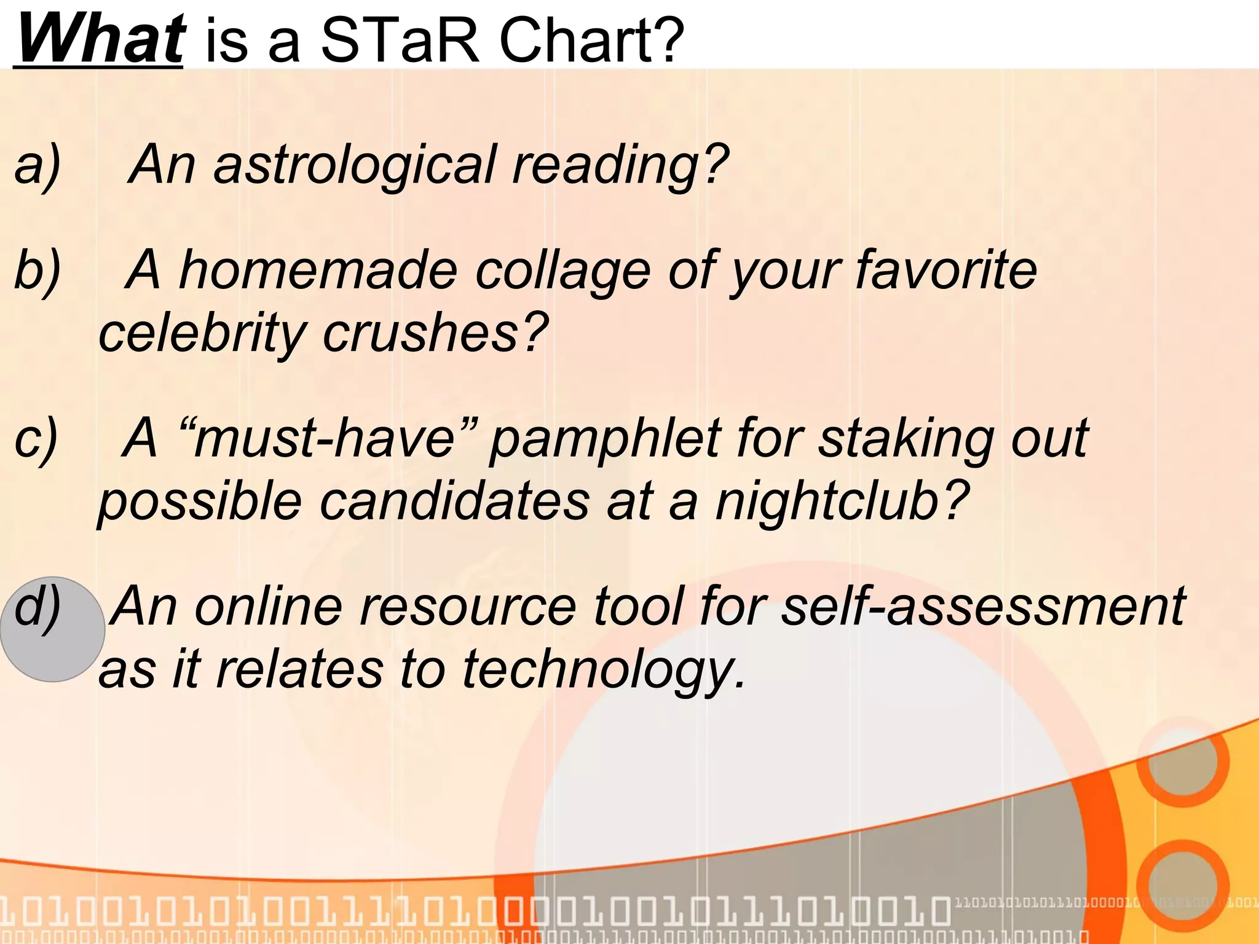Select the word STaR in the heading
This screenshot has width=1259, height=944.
tap(399, 40)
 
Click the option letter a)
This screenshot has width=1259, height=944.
tap(37, 165)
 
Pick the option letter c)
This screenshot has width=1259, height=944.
tap(36, 438)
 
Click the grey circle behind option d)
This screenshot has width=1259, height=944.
tap(52, 629)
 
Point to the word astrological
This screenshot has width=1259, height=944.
tap(354, 165)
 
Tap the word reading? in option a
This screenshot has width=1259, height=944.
tap(621, 165)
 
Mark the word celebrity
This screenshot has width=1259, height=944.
tap(202, 333)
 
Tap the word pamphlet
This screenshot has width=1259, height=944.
tap(606, 439)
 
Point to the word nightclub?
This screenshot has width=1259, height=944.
tap(842, 500)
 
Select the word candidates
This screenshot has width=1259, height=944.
tap(455, 500)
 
